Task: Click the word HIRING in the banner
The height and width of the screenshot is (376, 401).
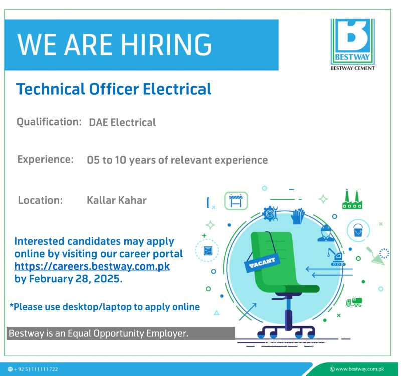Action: point(166,44)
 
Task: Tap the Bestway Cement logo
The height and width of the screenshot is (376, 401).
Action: point(352,45)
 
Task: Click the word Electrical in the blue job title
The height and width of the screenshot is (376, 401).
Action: point(177,89)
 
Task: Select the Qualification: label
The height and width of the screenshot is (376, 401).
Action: point(49,122)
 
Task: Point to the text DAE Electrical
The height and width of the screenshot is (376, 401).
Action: point(122,122)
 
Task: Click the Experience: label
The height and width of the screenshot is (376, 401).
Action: point(45,159)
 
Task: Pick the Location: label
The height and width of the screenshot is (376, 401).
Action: point(40,200)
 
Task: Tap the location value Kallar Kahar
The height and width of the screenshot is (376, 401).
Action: point(117,200)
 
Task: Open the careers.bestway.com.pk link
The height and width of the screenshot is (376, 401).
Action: point(92,266)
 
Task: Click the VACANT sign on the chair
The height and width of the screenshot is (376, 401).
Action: point(262,262)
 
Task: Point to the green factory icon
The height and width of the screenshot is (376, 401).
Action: point(352,199)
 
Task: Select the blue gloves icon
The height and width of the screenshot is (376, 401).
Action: point(298,216)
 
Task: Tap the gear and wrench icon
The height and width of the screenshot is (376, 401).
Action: point(270,213)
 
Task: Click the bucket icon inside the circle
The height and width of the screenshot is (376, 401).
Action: point(358,230)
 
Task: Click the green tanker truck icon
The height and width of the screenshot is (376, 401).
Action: point(354,302)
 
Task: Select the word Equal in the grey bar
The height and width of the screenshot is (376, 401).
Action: point(79,333)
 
